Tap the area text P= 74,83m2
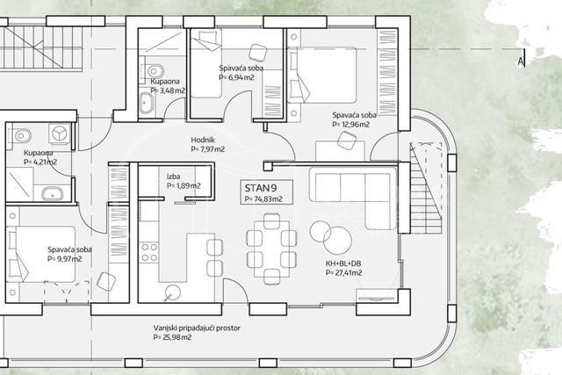click(x=263, y=198)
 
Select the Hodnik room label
click(x=204, y=140)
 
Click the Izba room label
click(x=174, y=176)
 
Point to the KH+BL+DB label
click(x=342, y=263)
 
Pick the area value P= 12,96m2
click(x=351, y=125)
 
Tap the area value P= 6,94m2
click(x=235, y=76)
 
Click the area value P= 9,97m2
click(x=65, y=259)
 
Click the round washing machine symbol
click(x=60, y=133)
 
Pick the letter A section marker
click(x=522, y=61)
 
